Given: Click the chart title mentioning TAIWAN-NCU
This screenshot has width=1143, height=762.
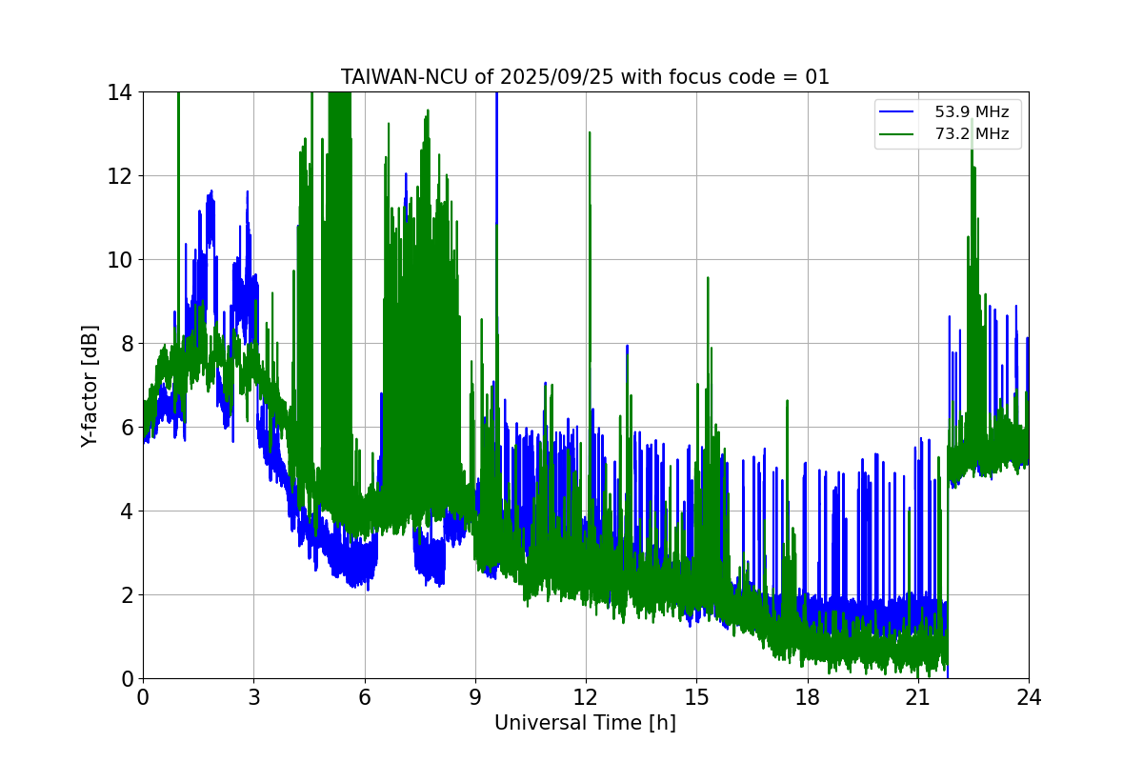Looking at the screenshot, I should click(585, 77).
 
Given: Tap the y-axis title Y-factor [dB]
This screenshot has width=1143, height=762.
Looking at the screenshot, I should click(90, 385).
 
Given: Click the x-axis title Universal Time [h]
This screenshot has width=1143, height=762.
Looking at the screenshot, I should click(585, 723).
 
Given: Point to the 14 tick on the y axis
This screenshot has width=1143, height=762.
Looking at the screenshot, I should click(120, 92).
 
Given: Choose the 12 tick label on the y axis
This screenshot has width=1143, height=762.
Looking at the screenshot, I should click(120, 176).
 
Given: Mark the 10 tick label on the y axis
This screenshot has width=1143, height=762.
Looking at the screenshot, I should click(120, 260).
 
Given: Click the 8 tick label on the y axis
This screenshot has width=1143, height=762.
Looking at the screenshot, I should click(126, 344).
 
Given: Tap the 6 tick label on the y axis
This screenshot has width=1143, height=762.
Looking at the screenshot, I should click(126, 428).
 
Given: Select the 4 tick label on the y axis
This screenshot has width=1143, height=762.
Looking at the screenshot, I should click(126, 511).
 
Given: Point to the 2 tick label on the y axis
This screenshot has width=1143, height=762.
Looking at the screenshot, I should click(126, 595).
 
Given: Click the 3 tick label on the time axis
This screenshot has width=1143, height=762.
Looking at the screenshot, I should click(253, 697).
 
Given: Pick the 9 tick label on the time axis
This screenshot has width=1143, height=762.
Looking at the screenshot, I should click(475, 697).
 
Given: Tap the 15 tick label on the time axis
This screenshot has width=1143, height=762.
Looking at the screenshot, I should click(696, 697).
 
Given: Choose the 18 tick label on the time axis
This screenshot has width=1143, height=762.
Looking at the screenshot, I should click(807, 697).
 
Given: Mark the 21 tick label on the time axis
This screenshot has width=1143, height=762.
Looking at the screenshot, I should click(918, 697).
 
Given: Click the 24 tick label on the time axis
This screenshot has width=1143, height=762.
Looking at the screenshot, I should click(1029, 697).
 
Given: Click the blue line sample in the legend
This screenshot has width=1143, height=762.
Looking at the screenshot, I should click(896, 112).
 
